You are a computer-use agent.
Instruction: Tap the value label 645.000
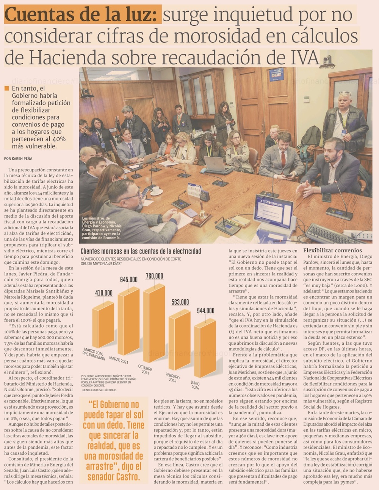129,280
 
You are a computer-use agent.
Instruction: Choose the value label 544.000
205,311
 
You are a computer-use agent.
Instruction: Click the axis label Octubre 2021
145,370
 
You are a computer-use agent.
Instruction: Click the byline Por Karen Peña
18,159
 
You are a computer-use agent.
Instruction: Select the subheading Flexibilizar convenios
332,250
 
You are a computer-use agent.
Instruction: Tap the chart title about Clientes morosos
141,251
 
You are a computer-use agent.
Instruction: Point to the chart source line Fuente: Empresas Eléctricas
99,390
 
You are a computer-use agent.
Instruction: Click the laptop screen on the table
274,212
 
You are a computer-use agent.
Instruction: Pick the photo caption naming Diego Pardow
102,228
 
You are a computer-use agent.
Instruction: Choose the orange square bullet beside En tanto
6,88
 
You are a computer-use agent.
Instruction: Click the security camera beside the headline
326,61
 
